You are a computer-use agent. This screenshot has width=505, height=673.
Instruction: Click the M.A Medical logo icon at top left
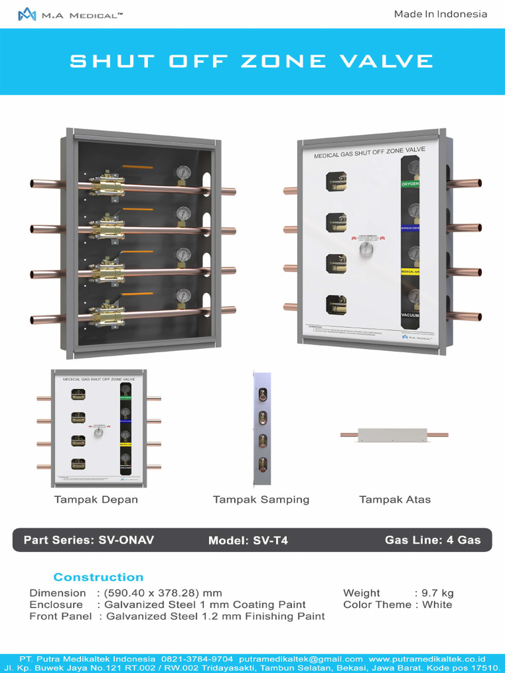pyautogui.click(x=27, y=14)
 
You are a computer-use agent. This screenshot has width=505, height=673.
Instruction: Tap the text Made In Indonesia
pyautogui.click(x=441, y=14)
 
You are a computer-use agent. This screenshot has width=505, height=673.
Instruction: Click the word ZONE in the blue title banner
pyautogui.click(x=274, y=61)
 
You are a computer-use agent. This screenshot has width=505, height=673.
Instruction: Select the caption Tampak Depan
pyautogui.click(x=96, y=499)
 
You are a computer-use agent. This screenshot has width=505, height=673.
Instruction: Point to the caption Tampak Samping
pyautogui.click(x=261, y=499)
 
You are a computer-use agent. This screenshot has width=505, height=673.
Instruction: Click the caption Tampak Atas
pyautogui.click(x=395, y=499)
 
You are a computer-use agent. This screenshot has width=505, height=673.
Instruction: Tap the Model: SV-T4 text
pyautogui.click(x=248, y=540)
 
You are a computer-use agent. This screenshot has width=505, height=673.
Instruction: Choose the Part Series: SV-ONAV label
pyautogui.click(x=89, y=540)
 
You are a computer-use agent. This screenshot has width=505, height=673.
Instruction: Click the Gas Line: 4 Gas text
pyautogui.click(x=433, y=540)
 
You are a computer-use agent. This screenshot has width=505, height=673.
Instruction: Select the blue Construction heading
pyautogui.click(x=98, y=577)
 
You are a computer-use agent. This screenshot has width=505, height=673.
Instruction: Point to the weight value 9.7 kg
pyautogui.click(x=438, y=593)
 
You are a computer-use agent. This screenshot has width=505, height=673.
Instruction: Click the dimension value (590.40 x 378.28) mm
pyautogui.click(x=163, y=593)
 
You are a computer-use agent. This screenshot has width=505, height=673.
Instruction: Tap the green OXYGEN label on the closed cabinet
pyautogui.click(x=410, y=184)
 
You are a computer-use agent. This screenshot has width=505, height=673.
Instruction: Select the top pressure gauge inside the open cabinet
pyautogui.click(x=183, y=173)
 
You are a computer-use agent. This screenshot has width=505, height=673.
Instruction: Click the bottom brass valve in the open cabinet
pyautogui.click(x=107, y=313)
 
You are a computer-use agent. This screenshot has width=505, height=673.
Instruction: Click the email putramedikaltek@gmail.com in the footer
pyautogui.click(x=301, y=659)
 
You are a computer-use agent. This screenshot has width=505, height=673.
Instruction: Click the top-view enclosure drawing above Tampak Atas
pyautogui.click(x=394, y=434)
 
